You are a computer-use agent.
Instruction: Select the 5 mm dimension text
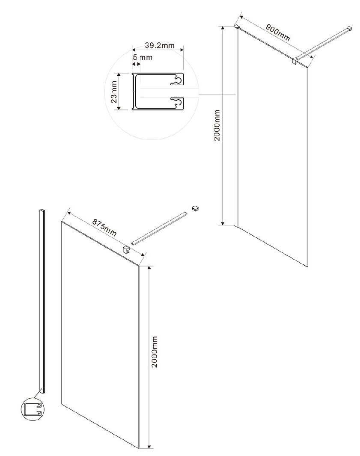point(143,57)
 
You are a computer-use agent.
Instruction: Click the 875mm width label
point(104,227)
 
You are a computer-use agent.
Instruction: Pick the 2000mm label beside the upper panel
point(217,125)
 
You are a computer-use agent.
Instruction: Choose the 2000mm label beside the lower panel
point(155,352)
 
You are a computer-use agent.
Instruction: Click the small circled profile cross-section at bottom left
point(32,409)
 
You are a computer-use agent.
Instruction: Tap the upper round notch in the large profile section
point(178,80)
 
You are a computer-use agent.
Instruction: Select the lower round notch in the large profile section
point(178,101)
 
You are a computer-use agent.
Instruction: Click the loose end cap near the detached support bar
point(195,208)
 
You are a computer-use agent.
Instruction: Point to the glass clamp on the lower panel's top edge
point(126,249)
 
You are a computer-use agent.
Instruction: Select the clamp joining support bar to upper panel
point(295,60)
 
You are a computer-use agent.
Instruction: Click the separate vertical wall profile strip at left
point(42,301)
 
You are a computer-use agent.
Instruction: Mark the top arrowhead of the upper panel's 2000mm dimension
point(223,28)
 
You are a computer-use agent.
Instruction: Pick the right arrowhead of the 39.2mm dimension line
point(181,50)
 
